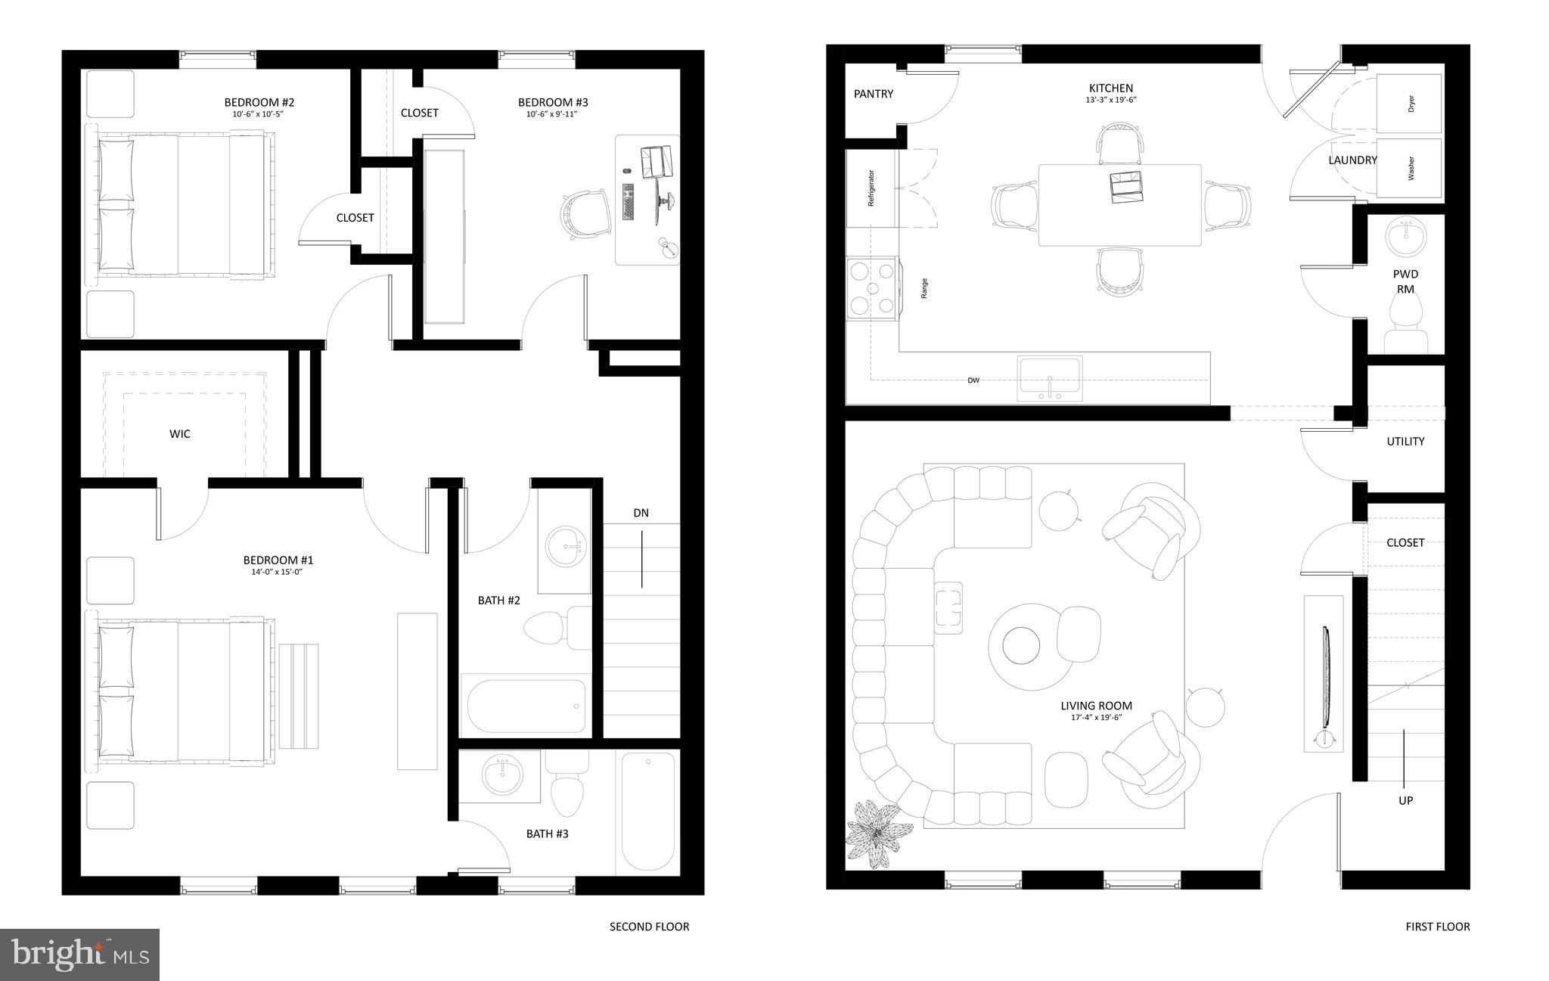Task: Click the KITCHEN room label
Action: pyautogui.click(x=1110, y=88)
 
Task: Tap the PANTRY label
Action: pyautogui.click(x=873, y=94)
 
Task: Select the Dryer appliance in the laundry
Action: pyautogui.click(x=1409, y=104)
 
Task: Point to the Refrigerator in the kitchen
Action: pyautogui.click(x=871, y=188)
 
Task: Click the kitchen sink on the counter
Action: pyautogui.click(x=1050, y=378)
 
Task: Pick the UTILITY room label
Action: pyautogui.click(x=1405, y=441)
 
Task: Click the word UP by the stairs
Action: pyautogui.click(x=1405, y=800)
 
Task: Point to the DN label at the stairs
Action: pyautogui.click(x=641, y=513)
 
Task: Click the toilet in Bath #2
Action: pyautogui.click(x=548, y=628)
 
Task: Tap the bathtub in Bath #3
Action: pyautogui.click(x=648, y=812)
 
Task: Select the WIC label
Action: pyautogui.click(x=180, y=433)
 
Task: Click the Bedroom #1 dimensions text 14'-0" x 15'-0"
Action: pyautogui.click(x=278, y=573)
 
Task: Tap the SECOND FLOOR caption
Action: pyautogui.click(x=649, y=927)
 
